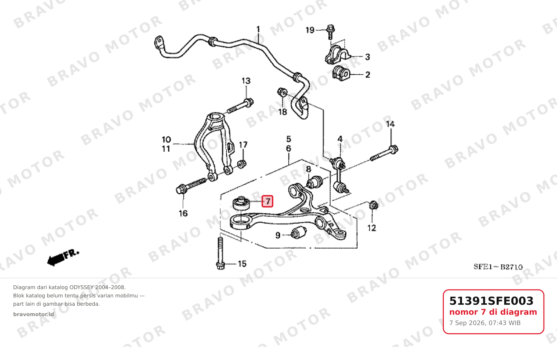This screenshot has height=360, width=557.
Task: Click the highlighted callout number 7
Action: pyautogui.click(x=267, y=201)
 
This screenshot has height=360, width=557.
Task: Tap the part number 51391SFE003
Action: pyautogui.click(x=491, y=301)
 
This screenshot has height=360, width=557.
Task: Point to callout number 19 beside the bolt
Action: pyautogui.click(x=310, y=30)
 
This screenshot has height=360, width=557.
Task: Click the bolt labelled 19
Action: pyautogui.click(x=330, y=31)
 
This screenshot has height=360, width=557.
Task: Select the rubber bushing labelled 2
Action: pyautogui.click(x=341, y=73)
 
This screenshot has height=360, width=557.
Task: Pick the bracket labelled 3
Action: pyautogui.click(x=337, y=55)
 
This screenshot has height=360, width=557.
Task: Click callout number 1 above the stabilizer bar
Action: pyautogui.click(x=258, y=29)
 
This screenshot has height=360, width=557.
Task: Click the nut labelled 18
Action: pyautogui.click(x=282, y=92)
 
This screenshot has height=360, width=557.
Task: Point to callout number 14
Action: pyautogui.click(x=390, y=124)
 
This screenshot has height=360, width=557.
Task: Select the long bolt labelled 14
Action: pyautogui.click(x=384, y=153)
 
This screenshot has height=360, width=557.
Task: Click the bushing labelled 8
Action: pyautogui.click(x=314, y=182)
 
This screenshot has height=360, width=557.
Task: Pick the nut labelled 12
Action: pyautogui.click(x=373, y=205)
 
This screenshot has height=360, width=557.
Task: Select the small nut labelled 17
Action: pyautogui.click(x=242, y=164)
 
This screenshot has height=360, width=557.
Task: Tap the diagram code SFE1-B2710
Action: pyautogui.click(x=498, y=267)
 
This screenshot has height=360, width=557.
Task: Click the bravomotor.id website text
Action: pyautogui.click(x=34, y=314)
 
